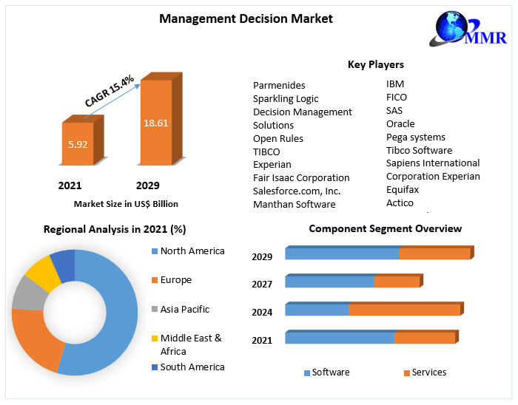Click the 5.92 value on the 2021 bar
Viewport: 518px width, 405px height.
click(78, 144)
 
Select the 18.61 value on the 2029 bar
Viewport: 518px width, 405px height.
click(155, 123)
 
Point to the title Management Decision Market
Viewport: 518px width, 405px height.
click(246, 18)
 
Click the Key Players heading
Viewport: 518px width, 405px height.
click(376, 64)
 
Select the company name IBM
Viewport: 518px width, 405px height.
click(395, 84)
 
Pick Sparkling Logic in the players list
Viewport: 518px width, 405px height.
click(286, 98)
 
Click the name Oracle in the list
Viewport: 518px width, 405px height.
click(400, 123)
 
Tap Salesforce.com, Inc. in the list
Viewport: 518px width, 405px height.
click(297, 191)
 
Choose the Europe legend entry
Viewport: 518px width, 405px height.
click(175, 280)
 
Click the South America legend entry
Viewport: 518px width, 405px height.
click(192, 367)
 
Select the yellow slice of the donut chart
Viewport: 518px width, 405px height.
click(43, 273)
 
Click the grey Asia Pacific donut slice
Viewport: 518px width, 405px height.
click(28, 293)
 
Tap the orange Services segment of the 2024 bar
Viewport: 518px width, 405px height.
click(404, 310)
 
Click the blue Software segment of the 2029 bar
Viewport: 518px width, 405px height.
click(342, 254)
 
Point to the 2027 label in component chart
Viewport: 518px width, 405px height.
click(262, 284)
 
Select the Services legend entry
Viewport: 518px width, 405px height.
click(428, 372)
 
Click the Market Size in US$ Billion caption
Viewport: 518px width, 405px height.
click(126, 204)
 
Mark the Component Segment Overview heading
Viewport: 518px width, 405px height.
click(385, 229)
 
